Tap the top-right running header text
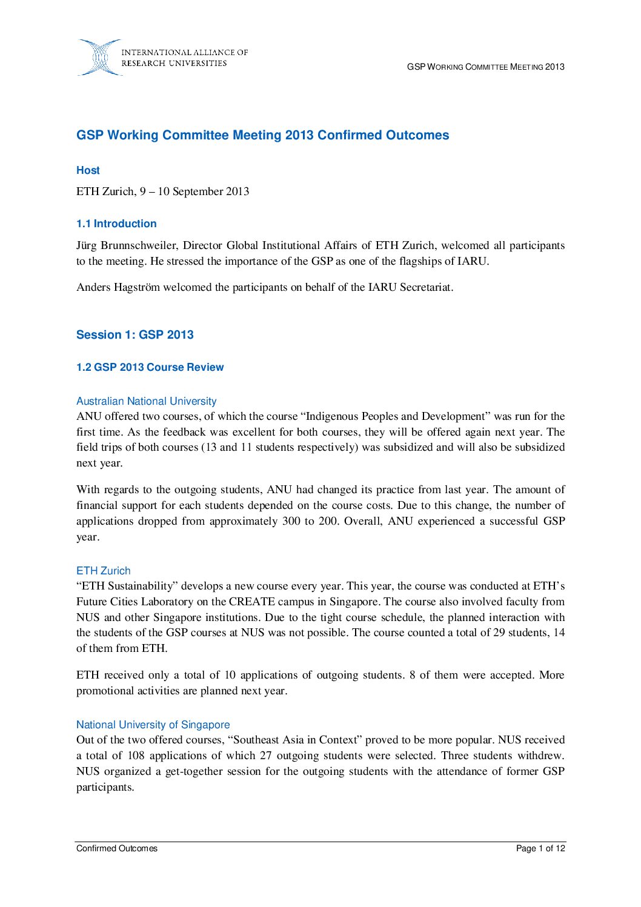485,67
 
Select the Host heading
88,170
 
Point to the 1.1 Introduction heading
116,224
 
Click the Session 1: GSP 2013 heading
135,334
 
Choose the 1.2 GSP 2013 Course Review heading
150,367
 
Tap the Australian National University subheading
146,401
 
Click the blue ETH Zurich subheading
103,571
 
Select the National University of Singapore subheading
153,725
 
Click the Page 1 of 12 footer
540,848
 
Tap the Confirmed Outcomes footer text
116,848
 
